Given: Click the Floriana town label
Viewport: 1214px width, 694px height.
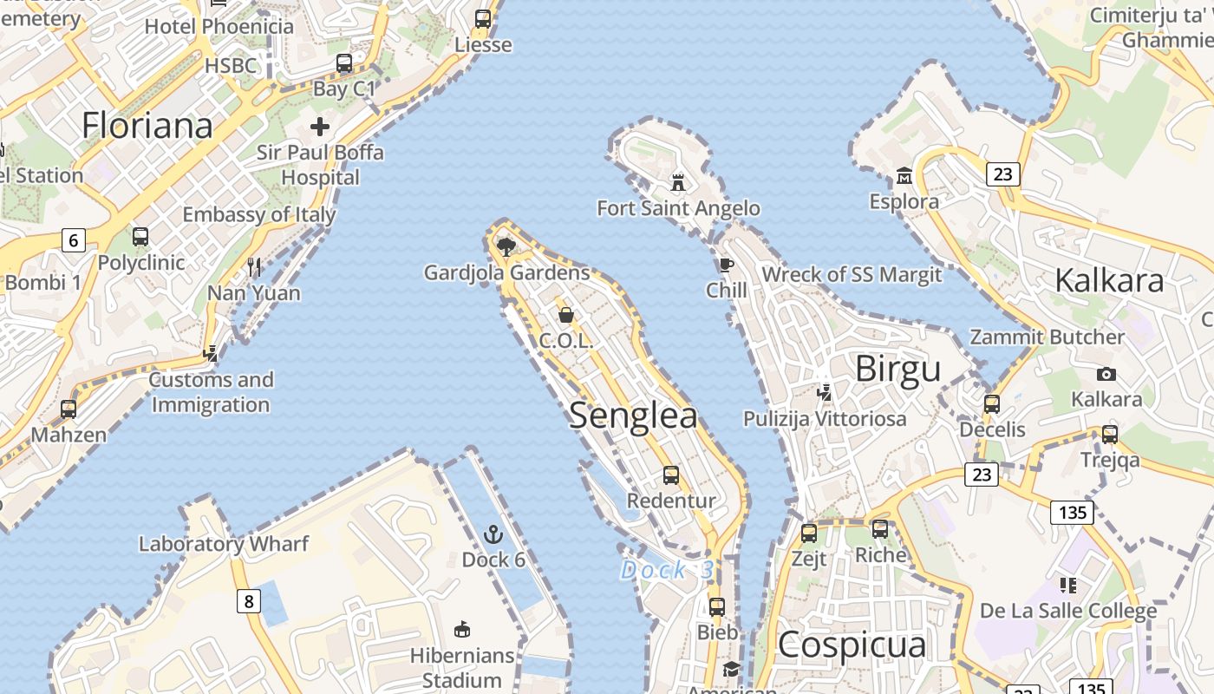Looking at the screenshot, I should (x=147, y=126).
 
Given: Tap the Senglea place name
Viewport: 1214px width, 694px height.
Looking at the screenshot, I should (x=633, y=416).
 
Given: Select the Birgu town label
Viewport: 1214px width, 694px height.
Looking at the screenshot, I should (x=897, y=369).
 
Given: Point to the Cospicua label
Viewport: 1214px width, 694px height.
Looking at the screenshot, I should (x=852, y=645).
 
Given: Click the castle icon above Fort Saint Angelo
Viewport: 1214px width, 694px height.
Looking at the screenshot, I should (x=678, y=183).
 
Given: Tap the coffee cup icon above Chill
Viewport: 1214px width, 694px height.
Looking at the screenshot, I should (x=726, y=265).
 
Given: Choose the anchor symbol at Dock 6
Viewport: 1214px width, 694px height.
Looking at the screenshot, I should (x=493, y=534).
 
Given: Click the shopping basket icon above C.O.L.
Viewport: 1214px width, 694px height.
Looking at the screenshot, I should (x=566, y=314).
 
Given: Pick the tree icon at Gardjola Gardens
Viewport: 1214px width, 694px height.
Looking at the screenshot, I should (x=506, y=247).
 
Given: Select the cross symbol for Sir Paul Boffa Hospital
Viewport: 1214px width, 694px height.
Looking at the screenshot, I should (x=320, y=127).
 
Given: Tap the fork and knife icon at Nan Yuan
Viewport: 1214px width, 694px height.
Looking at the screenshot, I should (x=254, y=267).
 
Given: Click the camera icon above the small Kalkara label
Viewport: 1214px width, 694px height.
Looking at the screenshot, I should (x=1106, y=374).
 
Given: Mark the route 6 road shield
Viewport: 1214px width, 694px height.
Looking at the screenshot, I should (x=74, y=240).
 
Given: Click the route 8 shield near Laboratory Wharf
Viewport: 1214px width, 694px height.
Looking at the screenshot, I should (x=249, y=600).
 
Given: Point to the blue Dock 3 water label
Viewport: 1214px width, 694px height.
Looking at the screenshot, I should (x=667, y=570).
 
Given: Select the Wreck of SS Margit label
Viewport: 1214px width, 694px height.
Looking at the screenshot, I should (x=851, y=275).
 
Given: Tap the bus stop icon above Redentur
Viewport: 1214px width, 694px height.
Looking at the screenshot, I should (x=671, y=475).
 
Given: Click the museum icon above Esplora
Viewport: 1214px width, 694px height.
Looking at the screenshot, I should (x=904, y=177).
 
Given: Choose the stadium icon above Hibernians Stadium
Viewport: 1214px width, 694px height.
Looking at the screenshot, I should (x=462, y=630).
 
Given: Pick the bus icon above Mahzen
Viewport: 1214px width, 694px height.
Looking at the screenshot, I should (x=69, y=409).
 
